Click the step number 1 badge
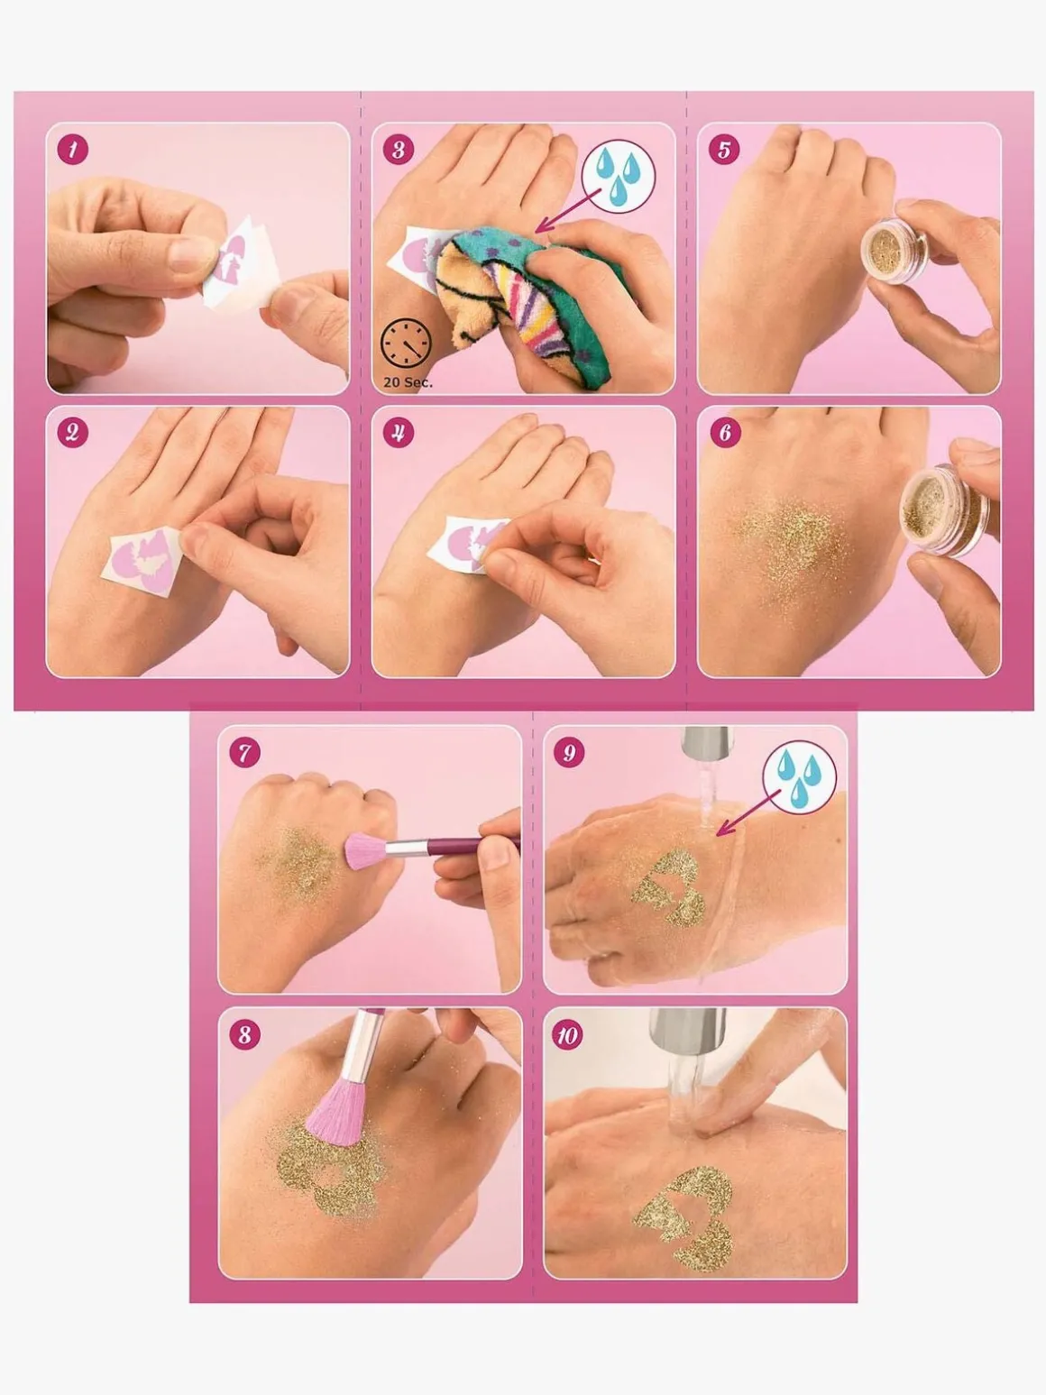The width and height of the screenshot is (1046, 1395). click(x=73, y=150)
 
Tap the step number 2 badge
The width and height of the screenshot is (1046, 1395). click(x=73, y=432)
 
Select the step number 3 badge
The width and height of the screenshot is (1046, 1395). click(x=399, y=150)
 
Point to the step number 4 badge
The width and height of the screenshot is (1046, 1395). click(x=399, y=432)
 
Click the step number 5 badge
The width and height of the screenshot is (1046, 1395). click(x=724, y=150)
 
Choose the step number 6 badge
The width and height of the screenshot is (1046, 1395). click(x=724, y=432)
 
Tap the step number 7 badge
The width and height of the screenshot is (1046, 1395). click(x=244, y=753)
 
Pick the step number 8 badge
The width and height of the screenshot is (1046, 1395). click(x=244, y=1035)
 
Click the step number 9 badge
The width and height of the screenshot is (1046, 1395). click(x=569, y=753)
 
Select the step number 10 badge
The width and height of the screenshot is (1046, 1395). click(x=567, y=1036)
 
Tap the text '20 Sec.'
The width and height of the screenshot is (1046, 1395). click(x=408, y=382)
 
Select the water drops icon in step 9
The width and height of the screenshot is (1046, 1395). click(x=800, y=779)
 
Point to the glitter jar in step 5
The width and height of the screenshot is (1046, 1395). click(x=895, y=245)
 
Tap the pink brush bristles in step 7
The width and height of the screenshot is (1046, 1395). click(x=365, y=851)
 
